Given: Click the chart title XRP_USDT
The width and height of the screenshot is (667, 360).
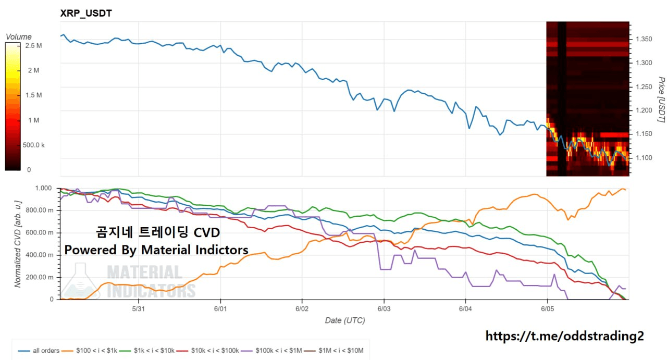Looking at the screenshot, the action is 86,13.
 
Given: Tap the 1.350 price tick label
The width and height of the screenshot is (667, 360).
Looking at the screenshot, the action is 644,39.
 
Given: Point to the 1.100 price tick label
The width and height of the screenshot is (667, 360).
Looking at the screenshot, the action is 644,158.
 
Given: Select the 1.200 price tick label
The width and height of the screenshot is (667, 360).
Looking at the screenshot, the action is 644,110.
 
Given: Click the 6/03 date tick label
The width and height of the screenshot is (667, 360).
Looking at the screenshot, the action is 384,309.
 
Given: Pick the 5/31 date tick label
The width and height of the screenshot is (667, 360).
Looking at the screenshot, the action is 139,309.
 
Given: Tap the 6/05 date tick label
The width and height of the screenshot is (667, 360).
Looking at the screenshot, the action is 547,309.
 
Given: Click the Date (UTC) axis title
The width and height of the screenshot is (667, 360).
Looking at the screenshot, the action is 345,320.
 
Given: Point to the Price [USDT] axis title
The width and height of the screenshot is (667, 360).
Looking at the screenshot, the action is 661,100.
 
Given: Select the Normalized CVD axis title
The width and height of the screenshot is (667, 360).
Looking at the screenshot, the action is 18,244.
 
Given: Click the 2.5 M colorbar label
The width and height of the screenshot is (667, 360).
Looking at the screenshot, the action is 33,45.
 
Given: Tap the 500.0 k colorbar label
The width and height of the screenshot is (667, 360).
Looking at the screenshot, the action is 34,145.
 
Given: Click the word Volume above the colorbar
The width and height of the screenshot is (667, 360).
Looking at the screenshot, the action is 18,36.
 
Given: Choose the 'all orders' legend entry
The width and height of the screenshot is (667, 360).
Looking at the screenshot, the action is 39,351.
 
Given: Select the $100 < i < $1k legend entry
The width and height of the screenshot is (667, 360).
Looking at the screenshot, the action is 89,351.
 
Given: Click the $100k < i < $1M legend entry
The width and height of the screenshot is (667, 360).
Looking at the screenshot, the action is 271,351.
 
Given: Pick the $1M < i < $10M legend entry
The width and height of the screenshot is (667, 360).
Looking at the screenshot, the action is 333,351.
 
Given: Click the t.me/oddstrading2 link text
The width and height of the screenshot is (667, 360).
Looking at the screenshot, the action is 564,336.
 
